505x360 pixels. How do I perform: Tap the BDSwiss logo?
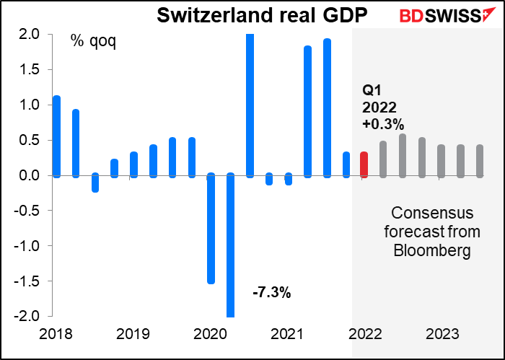(x=446, y=16)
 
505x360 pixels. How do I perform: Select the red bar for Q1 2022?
(x=364, y=164)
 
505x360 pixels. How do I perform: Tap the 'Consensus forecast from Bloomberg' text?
(x=431, y=232)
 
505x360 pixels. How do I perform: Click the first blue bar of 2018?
(x=56, y=136)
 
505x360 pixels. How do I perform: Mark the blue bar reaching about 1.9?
(x=328, y=107)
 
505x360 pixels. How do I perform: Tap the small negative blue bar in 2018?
(x=95, y=183)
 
